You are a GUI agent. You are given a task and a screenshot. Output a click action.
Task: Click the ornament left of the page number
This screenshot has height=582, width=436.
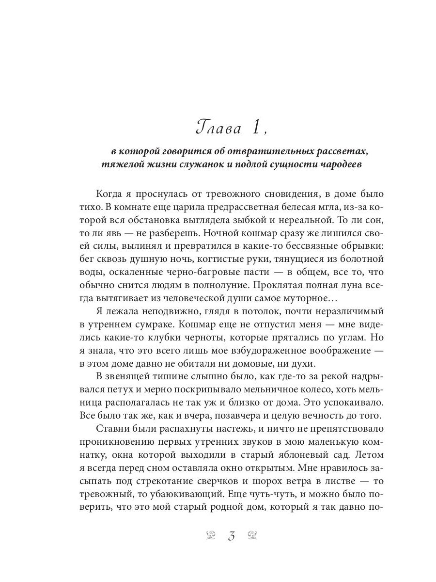(x=211, y=536)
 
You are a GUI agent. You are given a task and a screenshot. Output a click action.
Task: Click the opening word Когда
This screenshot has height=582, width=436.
(x=112, y=194)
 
